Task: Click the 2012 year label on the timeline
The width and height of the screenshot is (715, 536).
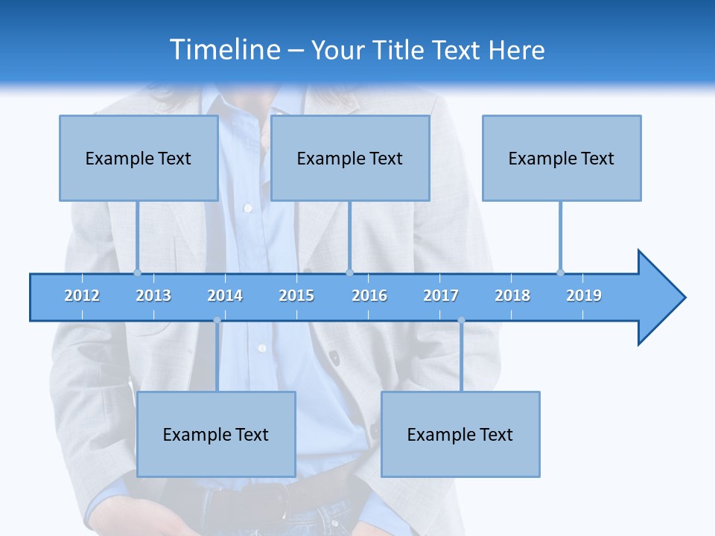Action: pos(82,296)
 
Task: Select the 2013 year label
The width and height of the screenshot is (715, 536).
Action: pos(153,296)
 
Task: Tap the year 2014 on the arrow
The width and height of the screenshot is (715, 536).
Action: pos(225,296)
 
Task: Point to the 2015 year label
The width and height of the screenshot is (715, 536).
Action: pos(296,296)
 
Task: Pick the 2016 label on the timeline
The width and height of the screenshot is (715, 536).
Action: pos(369,296)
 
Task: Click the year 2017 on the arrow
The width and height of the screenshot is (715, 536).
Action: pos(441,296)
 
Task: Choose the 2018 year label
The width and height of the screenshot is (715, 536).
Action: pos(512,296)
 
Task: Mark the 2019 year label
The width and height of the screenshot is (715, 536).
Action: pos(584,296)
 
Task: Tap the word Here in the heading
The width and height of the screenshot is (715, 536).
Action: pos(516,50)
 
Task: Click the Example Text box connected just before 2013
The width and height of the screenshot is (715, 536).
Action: pos(139,159)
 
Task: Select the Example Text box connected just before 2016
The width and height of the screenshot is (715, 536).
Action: pos(350,159)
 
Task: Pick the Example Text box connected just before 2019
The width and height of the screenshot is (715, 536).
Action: pos(562,159)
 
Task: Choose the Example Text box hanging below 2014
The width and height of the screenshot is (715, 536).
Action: pos(216,435)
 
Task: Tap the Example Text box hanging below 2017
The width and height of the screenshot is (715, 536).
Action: pos(460,435)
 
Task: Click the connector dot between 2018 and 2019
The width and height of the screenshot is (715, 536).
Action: pos(560,272)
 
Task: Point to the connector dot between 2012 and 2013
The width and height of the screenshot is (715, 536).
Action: pos(137,272)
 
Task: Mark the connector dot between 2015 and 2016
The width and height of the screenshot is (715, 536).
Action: pos(349,272)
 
